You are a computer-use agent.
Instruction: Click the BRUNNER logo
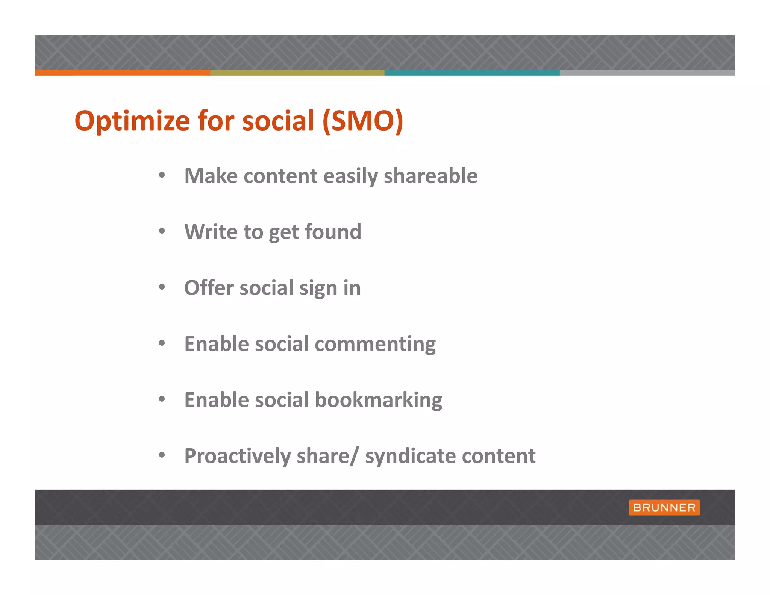(x=664, y=507)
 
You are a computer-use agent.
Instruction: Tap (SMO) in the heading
(x=363, y=121)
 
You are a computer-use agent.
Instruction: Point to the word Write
(x=211, y=232)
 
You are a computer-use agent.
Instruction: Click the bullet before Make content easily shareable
(x=162, y=175)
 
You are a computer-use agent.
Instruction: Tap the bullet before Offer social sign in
(x=162, y=287)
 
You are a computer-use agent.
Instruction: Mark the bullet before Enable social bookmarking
(x=162, y=399)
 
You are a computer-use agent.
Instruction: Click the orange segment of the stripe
(x=122, y=73)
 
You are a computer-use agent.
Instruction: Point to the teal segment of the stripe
(x=472, y=73)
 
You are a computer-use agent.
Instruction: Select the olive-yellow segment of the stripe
(x=297, y=73)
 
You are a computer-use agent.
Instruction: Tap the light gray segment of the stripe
(x=647, y=73)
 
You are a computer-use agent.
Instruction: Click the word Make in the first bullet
(x=211, y=176)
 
